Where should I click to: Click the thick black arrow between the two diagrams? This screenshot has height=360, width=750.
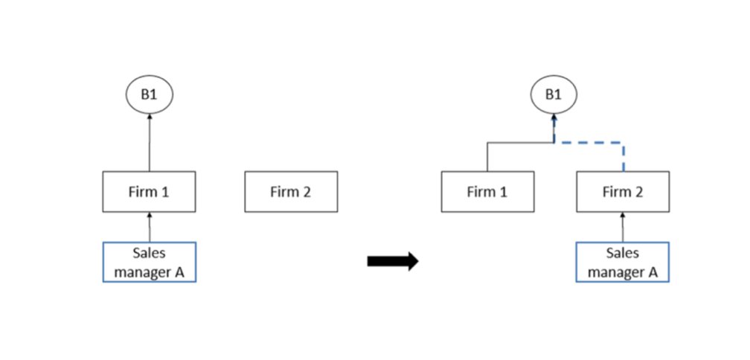(x=393, y=261)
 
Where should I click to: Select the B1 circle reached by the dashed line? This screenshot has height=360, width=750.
(x=554, y=95)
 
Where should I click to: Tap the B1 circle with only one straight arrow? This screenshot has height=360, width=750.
(x=149, y=95)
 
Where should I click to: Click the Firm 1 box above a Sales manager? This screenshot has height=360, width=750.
(x=149, y=192)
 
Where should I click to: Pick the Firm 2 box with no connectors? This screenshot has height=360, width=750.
(x=291, y=192)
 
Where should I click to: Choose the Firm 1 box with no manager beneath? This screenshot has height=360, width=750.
(x=487, y=192)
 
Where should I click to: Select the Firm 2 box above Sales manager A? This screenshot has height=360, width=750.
(x=623, y=192)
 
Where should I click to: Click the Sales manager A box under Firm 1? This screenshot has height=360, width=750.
(x=149, y=263)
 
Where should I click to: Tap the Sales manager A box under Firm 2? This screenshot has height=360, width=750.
(x=623, y=263)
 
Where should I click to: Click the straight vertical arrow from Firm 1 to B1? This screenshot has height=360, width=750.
(x=149, y=145)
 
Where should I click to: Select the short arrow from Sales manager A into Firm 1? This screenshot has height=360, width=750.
(x=149, y=228)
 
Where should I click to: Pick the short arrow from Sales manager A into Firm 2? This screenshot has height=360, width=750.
(x=623, y=228)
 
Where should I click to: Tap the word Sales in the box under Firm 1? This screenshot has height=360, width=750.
(x=149, y=254)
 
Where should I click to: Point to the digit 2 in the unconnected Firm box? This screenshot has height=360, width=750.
(x=306, y=192)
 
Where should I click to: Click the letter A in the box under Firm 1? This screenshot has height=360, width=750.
(x=179, y=271)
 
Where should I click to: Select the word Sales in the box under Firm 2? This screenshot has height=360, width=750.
(x=623, y=254)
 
